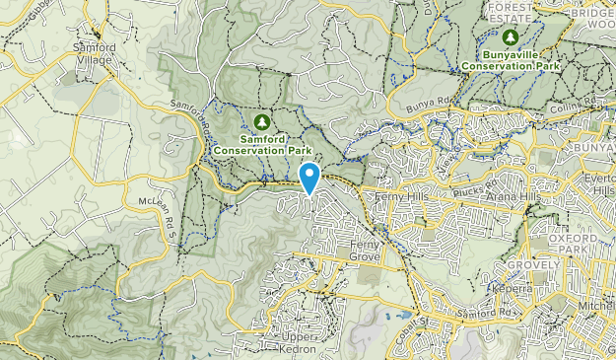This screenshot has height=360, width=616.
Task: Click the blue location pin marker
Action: (x=309, y=178)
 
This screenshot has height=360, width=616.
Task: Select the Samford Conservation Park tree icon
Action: (x=262, y=121)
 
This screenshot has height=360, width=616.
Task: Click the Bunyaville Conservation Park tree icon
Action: (x=511, y=37)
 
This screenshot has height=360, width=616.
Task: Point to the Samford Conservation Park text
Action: (x=262, y=145)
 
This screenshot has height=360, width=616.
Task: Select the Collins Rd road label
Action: (x=568, y=109)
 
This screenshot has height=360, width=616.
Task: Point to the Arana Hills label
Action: (x=511, y=197)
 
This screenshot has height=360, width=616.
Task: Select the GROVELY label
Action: (x=533, y=265)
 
